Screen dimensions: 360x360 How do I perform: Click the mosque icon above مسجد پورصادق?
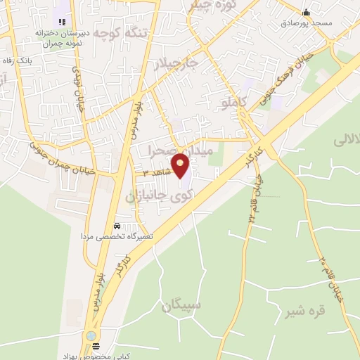(306, 12)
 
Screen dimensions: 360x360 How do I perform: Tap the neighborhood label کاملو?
(236, 103)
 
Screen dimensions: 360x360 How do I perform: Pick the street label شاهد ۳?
(155, 172)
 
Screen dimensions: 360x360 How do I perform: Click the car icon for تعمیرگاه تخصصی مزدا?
(116, 226)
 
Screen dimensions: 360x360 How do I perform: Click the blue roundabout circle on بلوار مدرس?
(91, 336)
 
